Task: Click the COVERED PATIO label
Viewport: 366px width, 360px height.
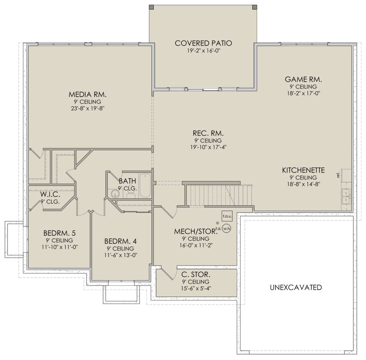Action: (203, 43)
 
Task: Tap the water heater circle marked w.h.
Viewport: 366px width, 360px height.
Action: (227, 229)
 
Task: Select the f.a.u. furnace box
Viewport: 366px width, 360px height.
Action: (227, 216)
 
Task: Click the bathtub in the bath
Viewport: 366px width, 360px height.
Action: (145, 186)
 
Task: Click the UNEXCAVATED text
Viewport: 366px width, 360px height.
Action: (296, 287)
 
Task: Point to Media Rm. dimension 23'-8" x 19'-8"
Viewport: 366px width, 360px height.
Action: (88, 109)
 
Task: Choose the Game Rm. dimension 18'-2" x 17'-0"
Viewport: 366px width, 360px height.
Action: (303, 93)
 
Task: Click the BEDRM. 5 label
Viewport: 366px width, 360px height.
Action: (59, 233)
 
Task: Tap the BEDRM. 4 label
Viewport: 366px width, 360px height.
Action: (120, 241)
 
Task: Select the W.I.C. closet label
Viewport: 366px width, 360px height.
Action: (50, 194)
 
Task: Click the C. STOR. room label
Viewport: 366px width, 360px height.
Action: (196, 274)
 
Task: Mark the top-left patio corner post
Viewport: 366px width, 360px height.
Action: (151, 7)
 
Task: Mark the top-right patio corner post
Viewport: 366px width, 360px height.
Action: (254, 7)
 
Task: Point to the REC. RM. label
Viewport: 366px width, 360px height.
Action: (208, 133)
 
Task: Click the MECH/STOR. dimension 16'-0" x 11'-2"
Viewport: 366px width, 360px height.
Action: (196, 245)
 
